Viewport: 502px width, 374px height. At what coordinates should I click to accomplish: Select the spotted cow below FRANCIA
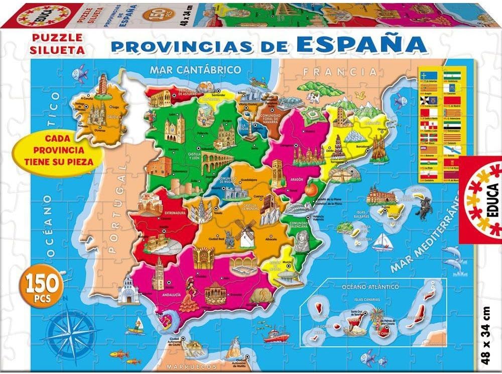314,97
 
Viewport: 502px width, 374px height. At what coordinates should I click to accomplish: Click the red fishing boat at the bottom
276,335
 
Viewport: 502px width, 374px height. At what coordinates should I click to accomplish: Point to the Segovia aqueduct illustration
219,163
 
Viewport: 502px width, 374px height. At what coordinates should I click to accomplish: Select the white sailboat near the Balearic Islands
382,241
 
